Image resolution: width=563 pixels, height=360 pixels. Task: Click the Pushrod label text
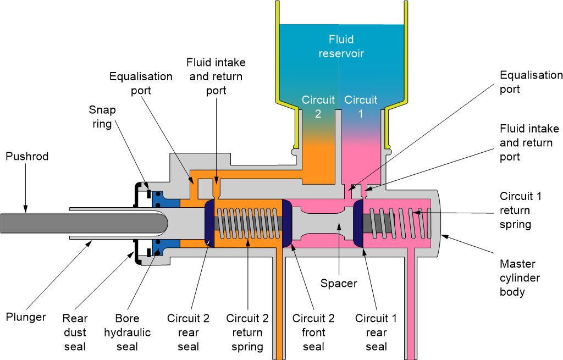(27, 157)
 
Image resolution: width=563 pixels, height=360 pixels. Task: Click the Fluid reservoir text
(341, 47)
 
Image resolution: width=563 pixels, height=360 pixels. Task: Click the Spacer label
(339, 284)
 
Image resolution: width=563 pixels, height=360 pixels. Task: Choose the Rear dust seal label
(75, 333)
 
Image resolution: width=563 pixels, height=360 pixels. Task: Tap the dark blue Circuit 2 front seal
(286, 223)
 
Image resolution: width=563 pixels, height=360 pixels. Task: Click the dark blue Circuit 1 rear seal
(358, 223)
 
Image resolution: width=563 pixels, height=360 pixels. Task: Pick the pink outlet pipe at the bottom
(410, 308)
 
